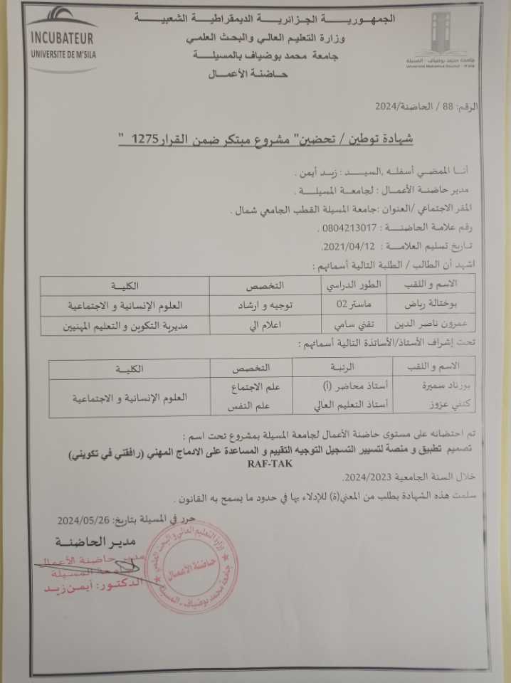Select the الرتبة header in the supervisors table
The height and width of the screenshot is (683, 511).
[334, 368]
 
